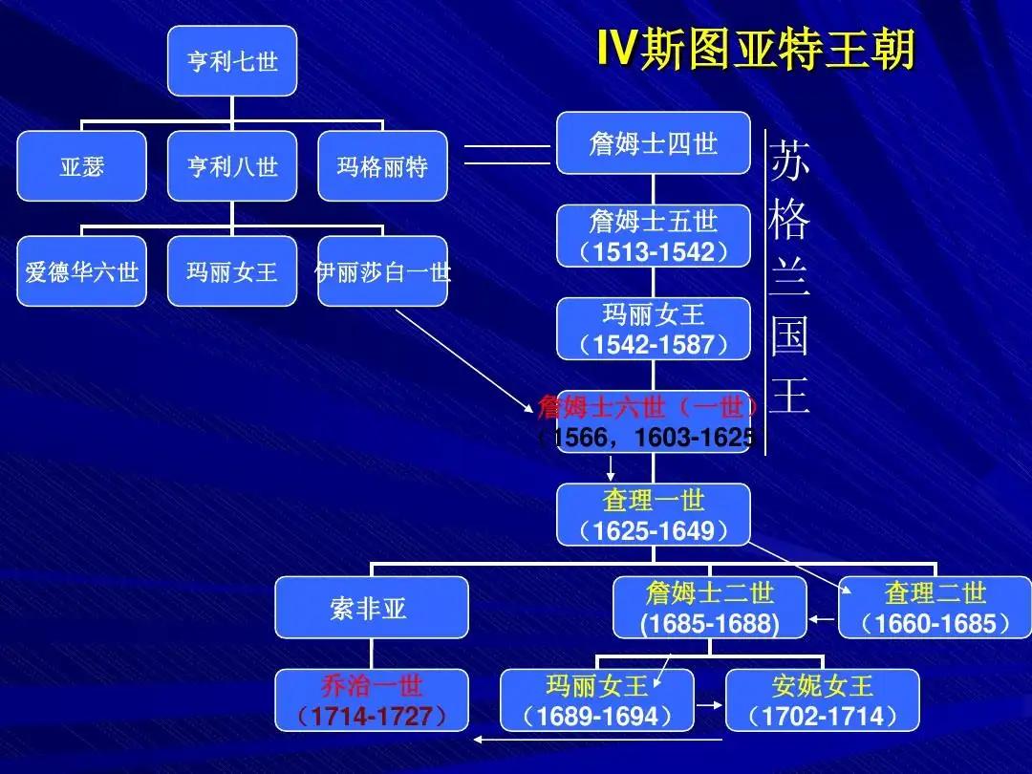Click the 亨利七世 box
[232, 61]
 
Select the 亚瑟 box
[82, 166]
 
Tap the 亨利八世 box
[232, 166]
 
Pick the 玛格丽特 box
[382, 166]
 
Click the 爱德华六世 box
[82, 271]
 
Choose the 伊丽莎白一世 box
[382, 271]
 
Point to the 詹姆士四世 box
[654, 143]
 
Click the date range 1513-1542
[654, 252]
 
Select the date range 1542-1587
[654, 344]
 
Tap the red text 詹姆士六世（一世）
[650, 407]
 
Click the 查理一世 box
[654, 515]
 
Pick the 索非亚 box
[371, 608]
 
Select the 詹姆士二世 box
[710, 608]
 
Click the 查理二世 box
[935, 608]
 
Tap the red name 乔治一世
[371, 685]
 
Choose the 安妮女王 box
[822, 700]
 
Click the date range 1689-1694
[597, 716]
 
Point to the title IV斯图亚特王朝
[756, 50]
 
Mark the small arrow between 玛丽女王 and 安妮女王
[708, 707]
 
